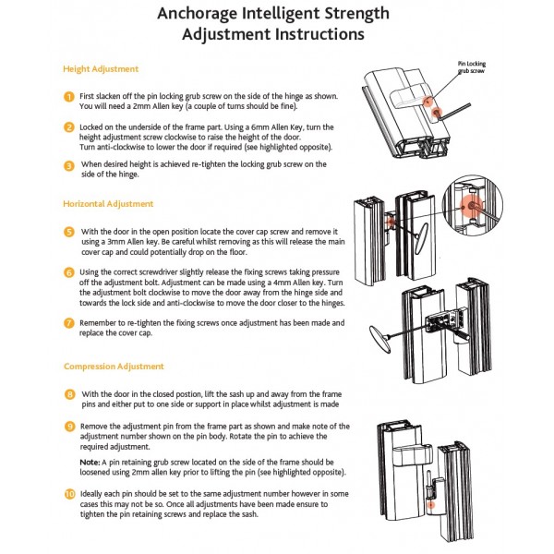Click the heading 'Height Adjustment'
(101, 69)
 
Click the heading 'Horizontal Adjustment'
(108, 203)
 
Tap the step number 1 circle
(68, 97)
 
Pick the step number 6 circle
(68, 272)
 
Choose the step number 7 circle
(68, 323)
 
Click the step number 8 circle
(68, 393)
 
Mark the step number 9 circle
(68, 426)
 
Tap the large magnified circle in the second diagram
(478, 205)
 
